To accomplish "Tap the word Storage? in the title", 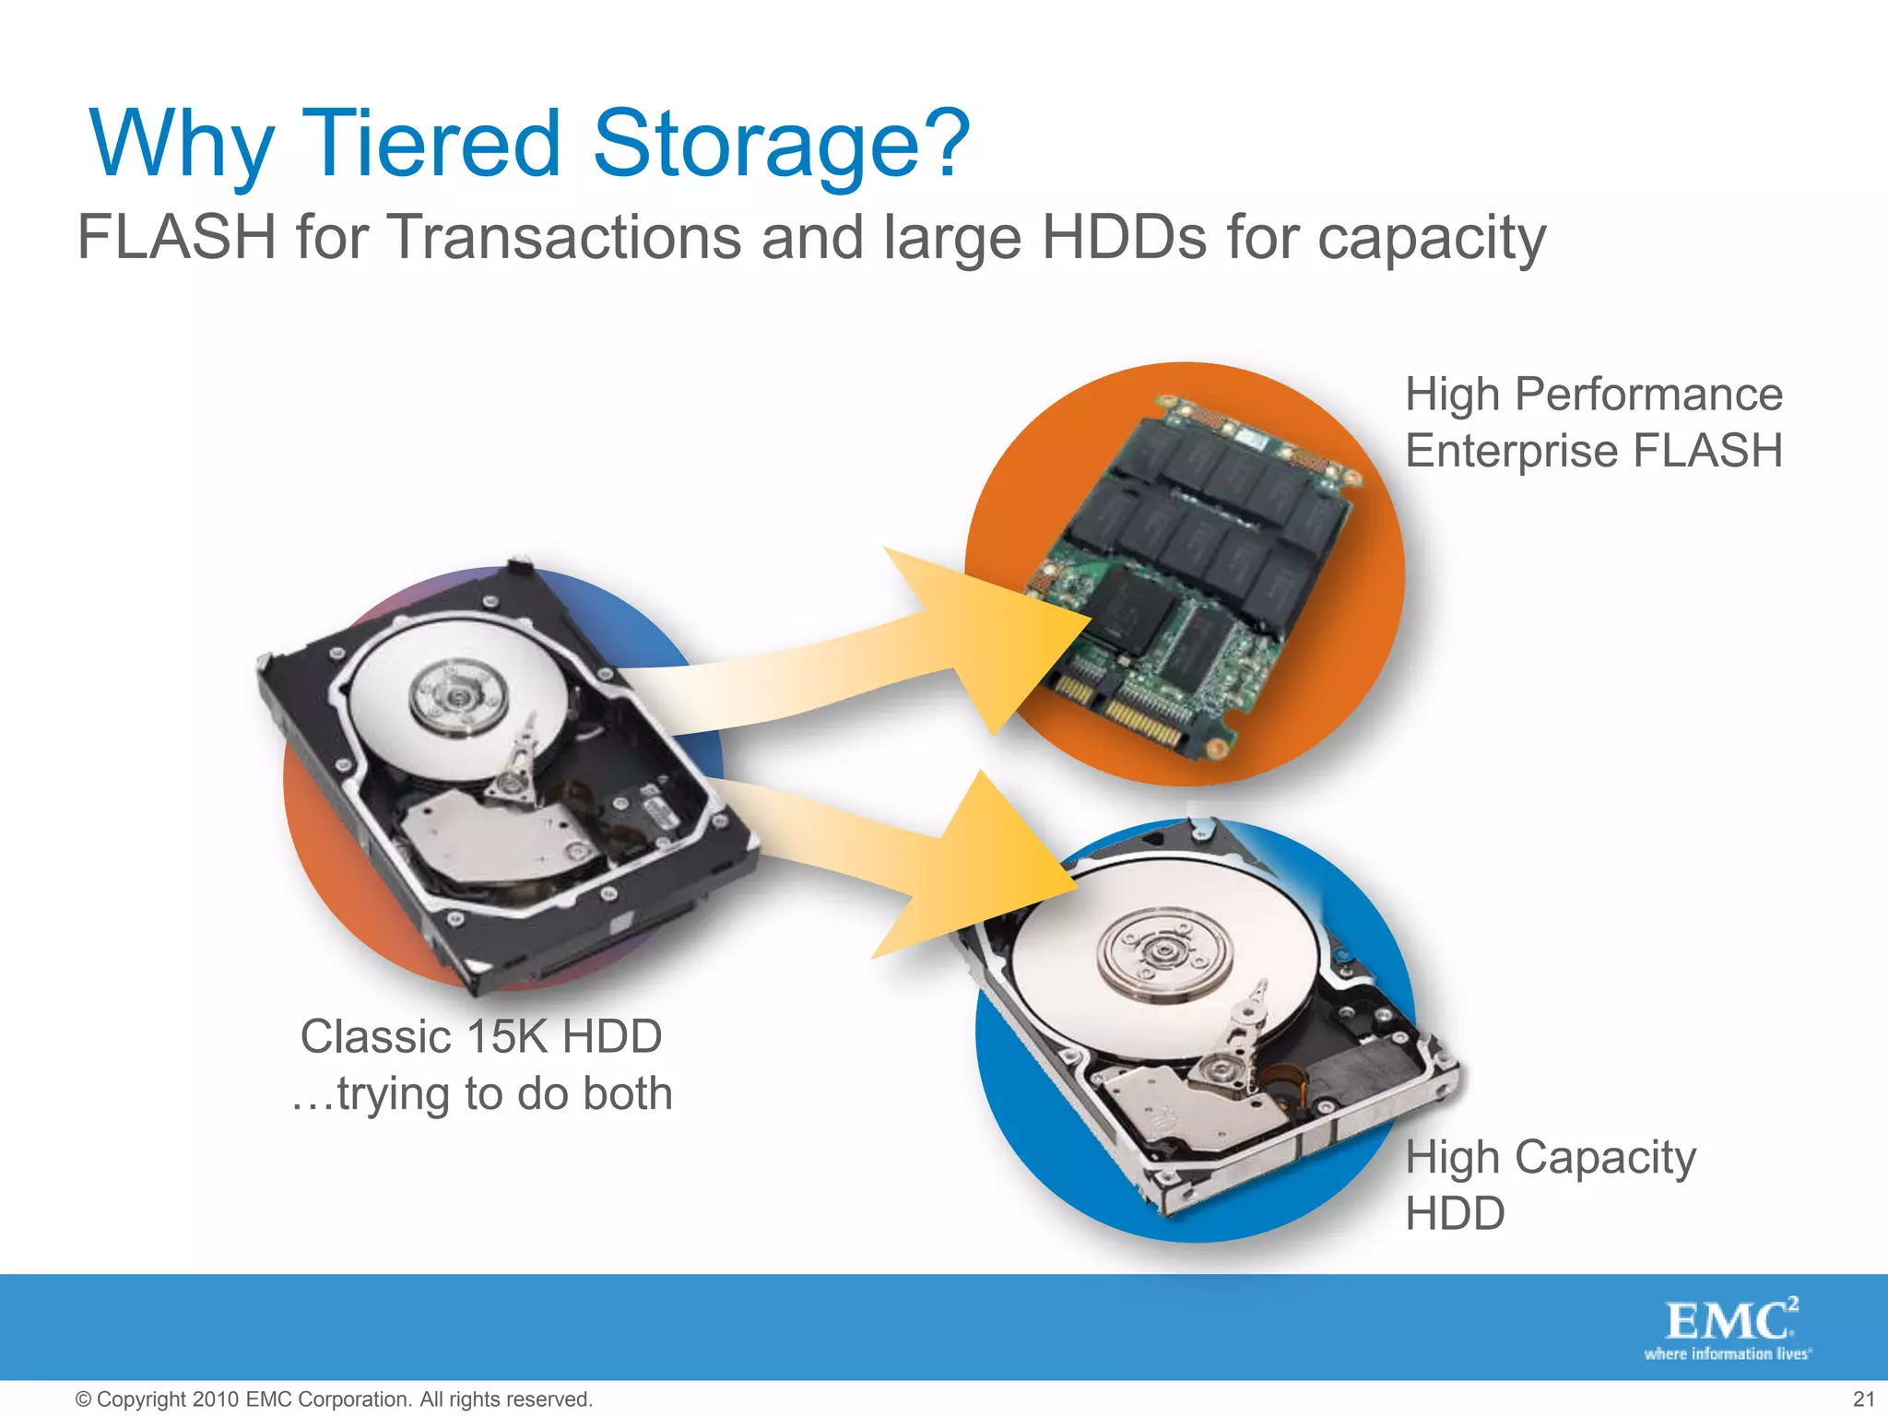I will (781, 146).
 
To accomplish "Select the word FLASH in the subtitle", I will (176, 237).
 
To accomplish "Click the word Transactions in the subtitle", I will (565, 237).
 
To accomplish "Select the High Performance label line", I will (1593, 395).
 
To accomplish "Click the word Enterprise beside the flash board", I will (1512, 452).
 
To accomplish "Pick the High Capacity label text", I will (1551, 1158).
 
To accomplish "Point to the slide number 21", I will (1863, 1399).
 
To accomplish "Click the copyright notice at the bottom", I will (333, 1399).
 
